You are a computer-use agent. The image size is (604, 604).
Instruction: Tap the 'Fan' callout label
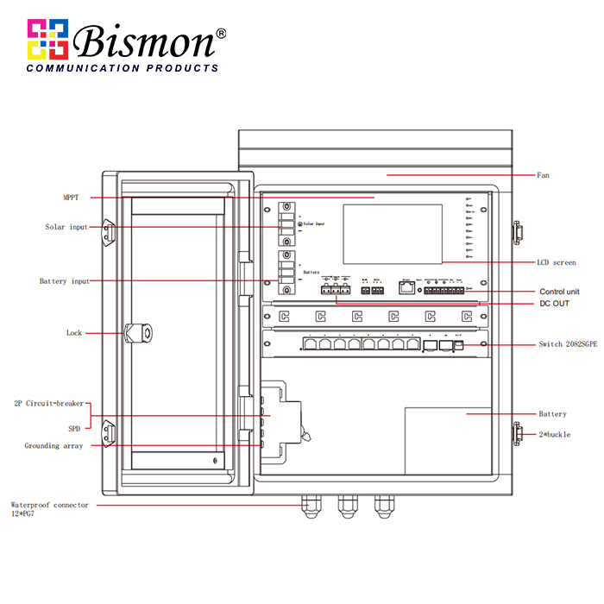543,175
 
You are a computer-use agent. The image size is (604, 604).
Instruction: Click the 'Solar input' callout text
66,227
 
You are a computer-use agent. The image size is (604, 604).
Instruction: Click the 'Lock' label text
74,332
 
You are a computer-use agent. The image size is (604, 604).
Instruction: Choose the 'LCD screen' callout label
556,262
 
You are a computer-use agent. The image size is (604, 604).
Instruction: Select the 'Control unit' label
559,292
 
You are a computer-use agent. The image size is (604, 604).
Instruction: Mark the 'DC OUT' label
554,304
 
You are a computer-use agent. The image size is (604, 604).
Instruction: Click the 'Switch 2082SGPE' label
568,344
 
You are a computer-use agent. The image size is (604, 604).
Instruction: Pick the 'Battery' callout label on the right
552,414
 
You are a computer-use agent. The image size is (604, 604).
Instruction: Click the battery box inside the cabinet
448,430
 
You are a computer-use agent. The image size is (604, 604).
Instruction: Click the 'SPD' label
74,428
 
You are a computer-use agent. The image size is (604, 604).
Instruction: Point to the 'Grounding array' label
53,446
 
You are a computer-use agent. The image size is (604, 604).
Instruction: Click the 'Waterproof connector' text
49,505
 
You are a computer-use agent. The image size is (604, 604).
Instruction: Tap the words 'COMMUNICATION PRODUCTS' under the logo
122,68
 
